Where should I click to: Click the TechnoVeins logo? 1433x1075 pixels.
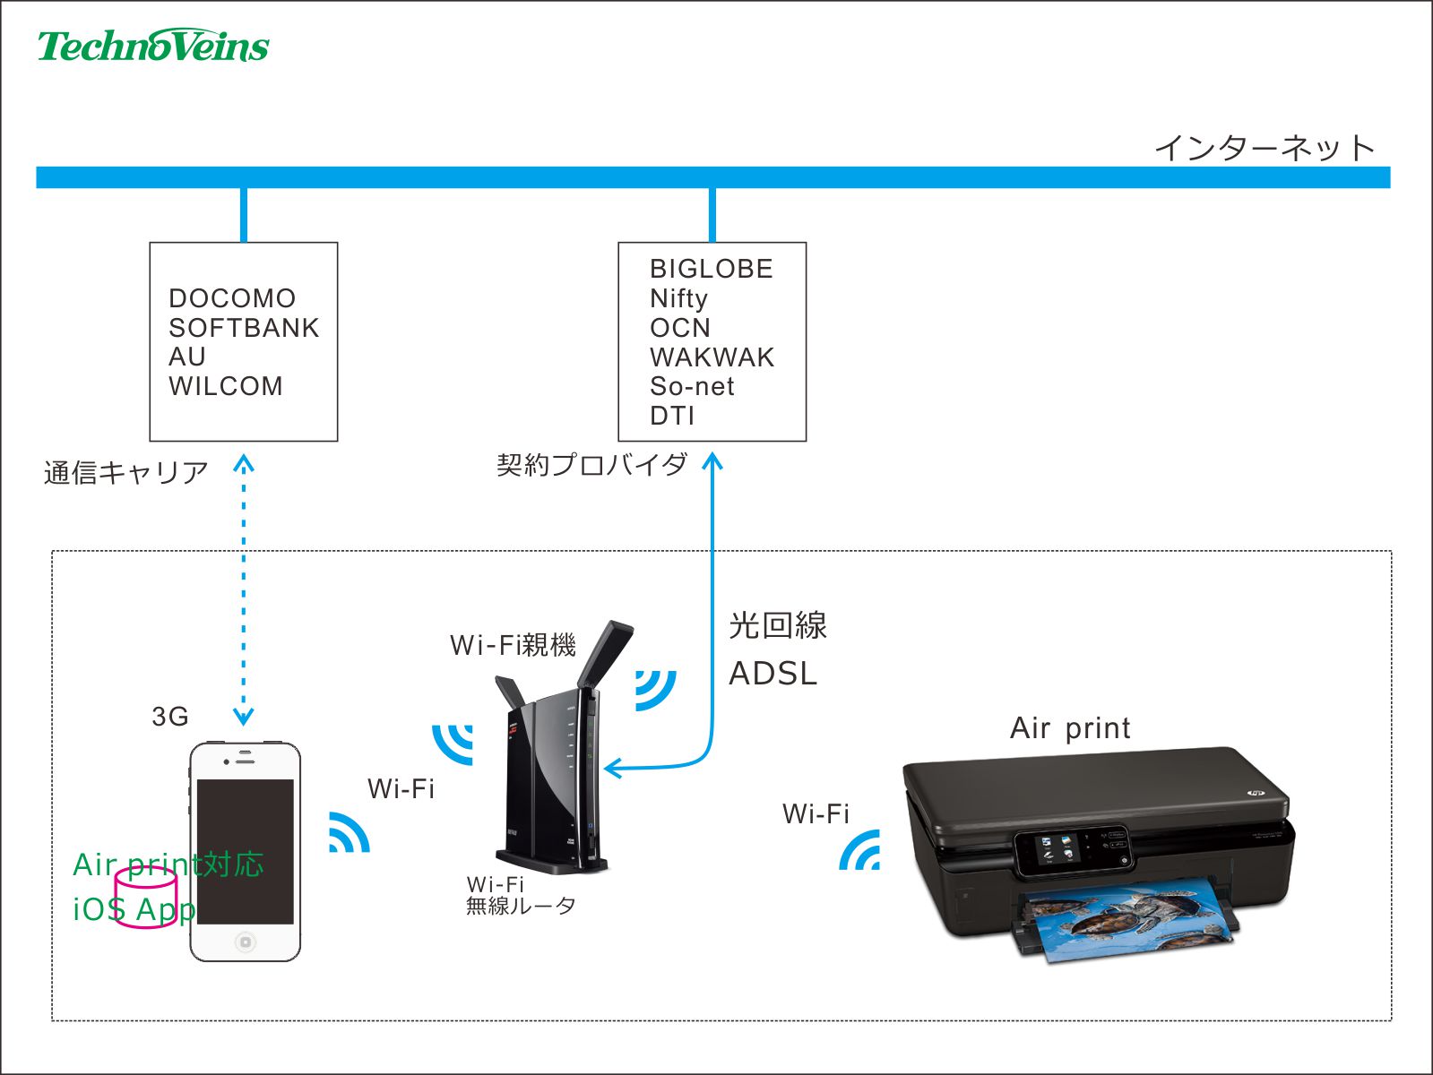(x=152, y=46)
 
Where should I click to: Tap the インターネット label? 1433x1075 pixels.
(x=1264, y=148)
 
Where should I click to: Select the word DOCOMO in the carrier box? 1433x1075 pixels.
(x=232, y=298)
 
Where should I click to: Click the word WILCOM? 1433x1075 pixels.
(x=226, y=386)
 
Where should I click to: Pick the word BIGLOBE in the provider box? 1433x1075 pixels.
(x=712, y=269)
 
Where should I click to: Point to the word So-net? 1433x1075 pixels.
(x=692, y=386)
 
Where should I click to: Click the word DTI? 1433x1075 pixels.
(x=672, y=416)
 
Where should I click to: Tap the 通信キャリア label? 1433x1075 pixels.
(x=125, y=472)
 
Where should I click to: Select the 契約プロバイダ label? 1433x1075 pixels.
(x=591, y=464)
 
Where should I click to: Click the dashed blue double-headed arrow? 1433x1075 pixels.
(x=244, y=591)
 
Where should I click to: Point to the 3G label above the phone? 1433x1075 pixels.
(x=170, y=717)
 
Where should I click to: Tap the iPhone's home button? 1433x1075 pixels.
(x=246, y=942)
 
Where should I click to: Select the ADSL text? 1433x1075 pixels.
(x=773, y=674)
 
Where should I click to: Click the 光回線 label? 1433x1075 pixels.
(x=777, y=625)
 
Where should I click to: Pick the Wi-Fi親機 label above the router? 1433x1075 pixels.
(x=513, y=645)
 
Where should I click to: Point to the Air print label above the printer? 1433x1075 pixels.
(x=1070, y=728)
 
